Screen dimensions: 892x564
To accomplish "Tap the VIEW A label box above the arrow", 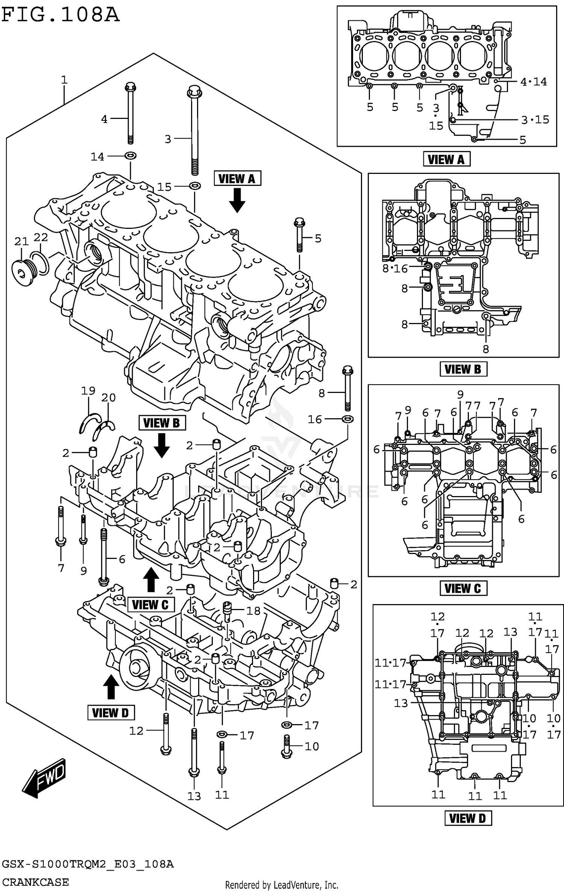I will point(237,178).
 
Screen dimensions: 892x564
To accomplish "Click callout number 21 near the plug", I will point(21,241).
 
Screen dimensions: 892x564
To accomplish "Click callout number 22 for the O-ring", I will point(41,237).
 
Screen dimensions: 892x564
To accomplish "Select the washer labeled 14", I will point(130,155).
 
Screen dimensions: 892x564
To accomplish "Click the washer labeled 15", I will point(194,185).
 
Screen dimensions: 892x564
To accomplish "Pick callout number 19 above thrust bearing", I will point(88,391).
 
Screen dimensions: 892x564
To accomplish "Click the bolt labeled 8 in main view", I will point(347,390).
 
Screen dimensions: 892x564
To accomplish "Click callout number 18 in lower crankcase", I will point(253,610).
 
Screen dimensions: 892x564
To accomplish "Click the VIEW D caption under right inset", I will point(467,818).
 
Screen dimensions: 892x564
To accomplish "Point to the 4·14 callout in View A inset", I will point(533,82).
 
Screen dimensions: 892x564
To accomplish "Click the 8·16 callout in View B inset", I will point(395,268).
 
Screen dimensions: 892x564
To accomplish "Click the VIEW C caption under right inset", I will point(463,588).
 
